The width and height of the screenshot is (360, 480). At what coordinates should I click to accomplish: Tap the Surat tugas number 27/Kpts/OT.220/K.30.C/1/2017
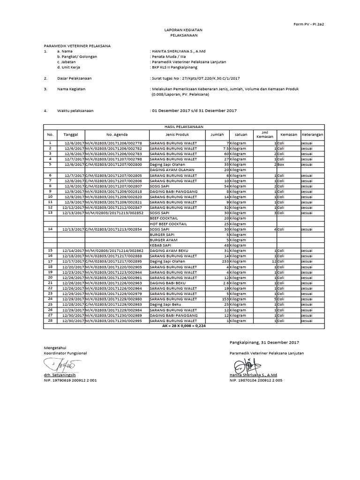[x=205, y=78]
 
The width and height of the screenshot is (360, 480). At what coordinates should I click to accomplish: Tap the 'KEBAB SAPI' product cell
[x=159, y=245]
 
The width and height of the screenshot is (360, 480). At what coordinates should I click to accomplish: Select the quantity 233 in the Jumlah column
[x=225, y=261]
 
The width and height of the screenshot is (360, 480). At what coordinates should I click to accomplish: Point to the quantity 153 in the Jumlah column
[x=225, y=299]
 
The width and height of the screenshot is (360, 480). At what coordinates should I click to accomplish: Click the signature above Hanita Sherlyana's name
[x=244, y=364]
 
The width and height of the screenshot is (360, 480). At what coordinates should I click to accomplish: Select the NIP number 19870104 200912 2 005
[x=256, y=381]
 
